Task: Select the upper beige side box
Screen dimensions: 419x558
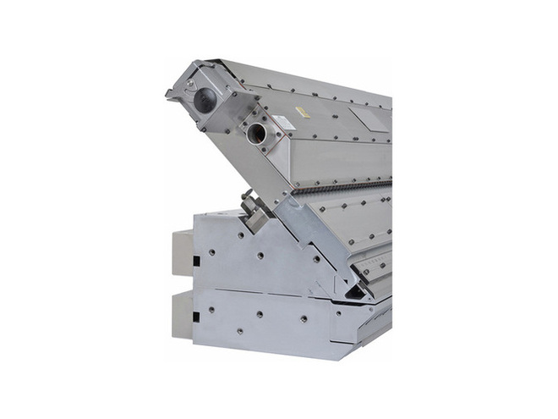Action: (183, 253)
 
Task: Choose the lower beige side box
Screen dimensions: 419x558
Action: (183, 314)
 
